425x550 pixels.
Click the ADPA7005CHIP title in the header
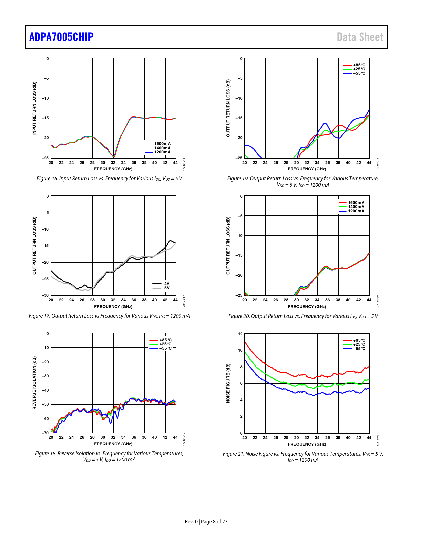tap(61, 37)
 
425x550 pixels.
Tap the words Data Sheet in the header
tap(360, 37)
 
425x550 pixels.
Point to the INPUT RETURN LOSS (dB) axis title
tap(34, 108)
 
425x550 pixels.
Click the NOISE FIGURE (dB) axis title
tap(228, 383)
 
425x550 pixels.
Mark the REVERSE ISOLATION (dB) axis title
tap(34, 383)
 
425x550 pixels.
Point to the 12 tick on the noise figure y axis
tap(240, 334)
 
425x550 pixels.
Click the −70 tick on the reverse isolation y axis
tap(45, 433)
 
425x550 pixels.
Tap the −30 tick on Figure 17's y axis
tap(45, 295)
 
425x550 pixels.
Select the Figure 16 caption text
tap(109, 179)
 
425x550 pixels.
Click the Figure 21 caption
tap(303, 457)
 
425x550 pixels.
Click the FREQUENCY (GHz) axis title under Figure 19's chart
tap(307, 169)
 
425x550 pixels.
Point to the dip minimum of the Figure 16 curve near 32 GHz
tap(114, 156)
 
